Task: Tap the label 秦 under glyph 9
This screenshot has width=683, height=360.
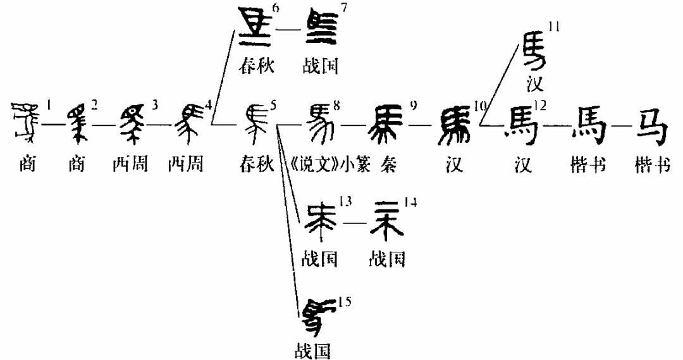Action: coord(387,166)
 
